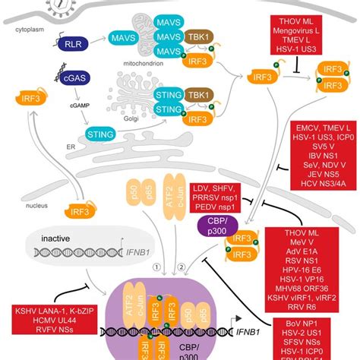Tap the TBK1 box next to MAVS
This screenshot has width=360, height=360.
[193, 36]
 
